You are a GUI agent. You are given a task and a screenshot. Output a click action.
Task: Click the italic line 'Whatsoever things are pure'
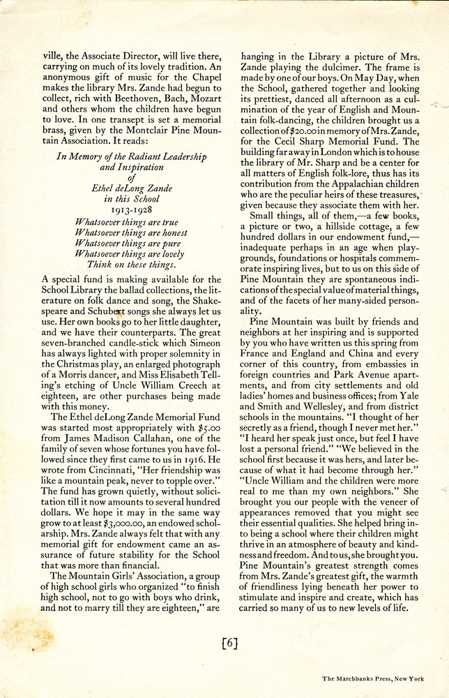click(x=127, y=244)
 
